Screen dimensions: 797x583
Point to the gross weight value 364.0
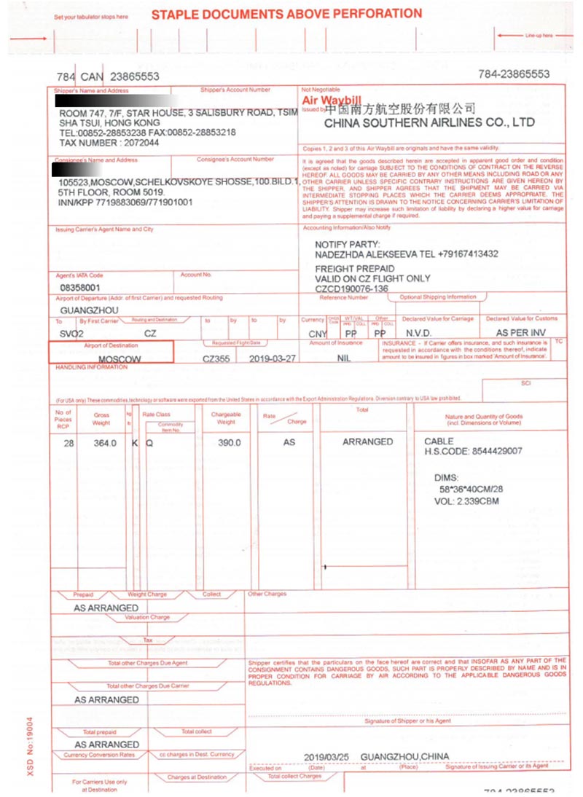click(x=105, y=442)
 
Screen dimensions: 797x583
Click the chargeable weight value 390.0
click(x=229, y=442)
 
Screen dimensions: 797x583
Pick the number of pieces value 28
click(x=69, y=442)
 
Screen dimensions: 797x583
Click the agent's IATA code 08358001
click(x=80, y=288)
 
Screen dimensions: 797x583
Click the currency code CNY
click(x=318, y=333)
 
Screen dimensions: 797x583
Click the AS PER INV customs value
click(x=520, y=333)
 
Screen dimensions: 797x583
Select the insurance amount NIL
click(x=344, y=358)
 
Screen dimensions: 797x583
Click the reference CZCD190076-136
click(x=351, y=288)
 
